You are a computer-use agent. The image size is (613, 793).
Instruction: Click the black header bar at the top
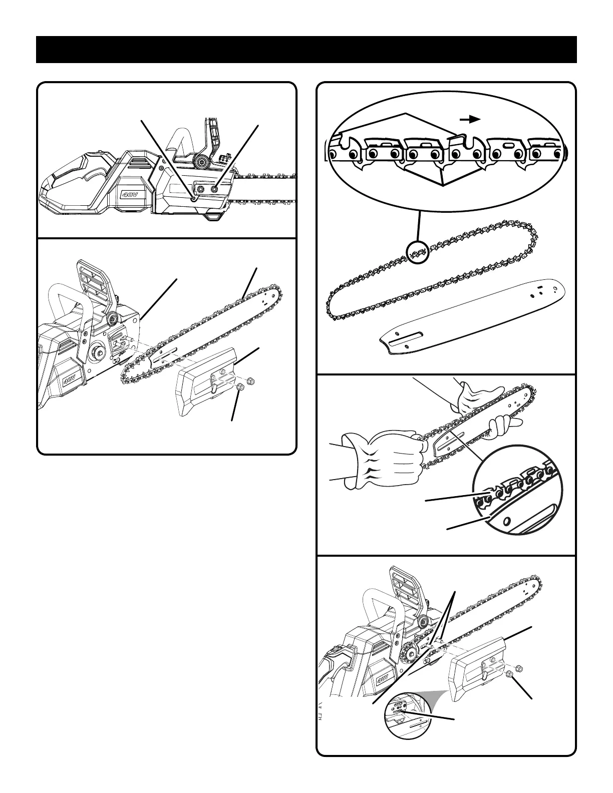click(x=306, y=50)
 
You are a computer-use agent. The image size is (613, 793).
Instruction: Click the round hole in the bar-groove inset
click(x=507, y=522)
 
